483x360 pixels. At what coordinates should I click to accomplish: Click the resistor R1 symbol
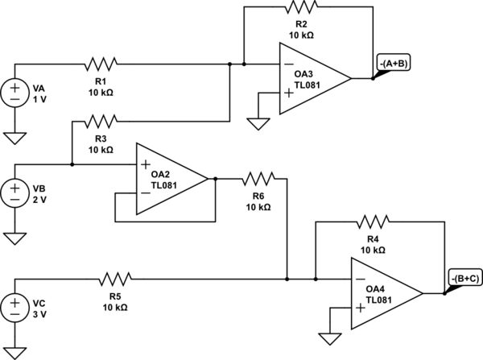pyautogui.click(x=101, y=63)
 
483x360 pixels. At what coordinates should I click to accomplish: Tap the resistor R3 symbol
pyautogui.click(x=101, y=121)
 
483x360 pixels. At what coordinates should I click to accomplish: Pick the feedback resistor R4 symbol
pyautogui.click(x=374, y=221)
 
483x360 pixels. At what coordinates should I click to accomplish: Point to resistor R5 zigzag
pyautogui.click(x=114, y=279)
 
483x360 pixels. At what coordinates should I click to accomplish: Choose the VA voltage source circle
pyautogui.click(x=15, y=91)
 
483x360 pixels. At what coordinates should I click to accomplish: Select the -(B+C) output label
pyautogui.click(x=466, y=279)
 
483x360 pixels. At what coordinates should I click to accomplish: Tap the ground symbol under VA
pyautogui.click(x=15, y=138)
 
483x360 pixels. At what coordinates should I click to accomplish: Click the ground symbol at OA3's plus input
pyautogui.click(x=258, y=123)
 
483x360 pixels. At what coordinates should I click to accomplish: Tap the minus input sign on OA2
pyautogui.click(x=145, y=194)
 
